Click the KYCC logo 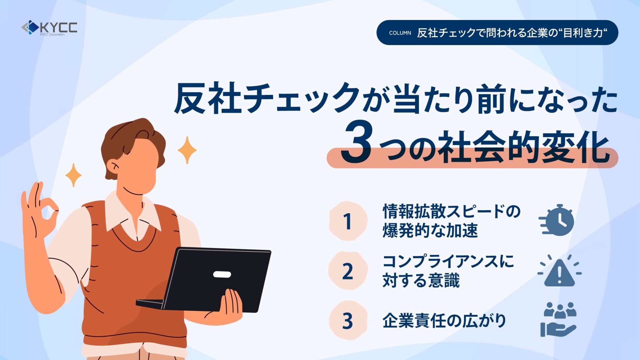tap(49, 28)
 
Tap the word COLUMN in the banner tap(400, 33)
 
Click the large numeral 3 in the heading tap(356, 142)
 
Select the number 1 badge tap(348, 221)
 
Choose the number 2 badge tap(348, 271)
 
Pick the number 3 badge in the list tap(348, 320)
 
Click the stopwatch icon tap(556, 220)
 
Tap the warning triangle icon tap(559, 271)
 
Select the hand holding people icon tap(559, 319)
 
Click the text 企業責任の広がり tap(444, 321)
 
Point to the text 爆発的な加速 tap(430, 230)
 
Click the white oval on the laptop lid tap(222, 274)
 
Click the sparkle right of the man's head tap(187, 150)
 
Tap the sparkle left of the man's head tap(73, 175)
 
